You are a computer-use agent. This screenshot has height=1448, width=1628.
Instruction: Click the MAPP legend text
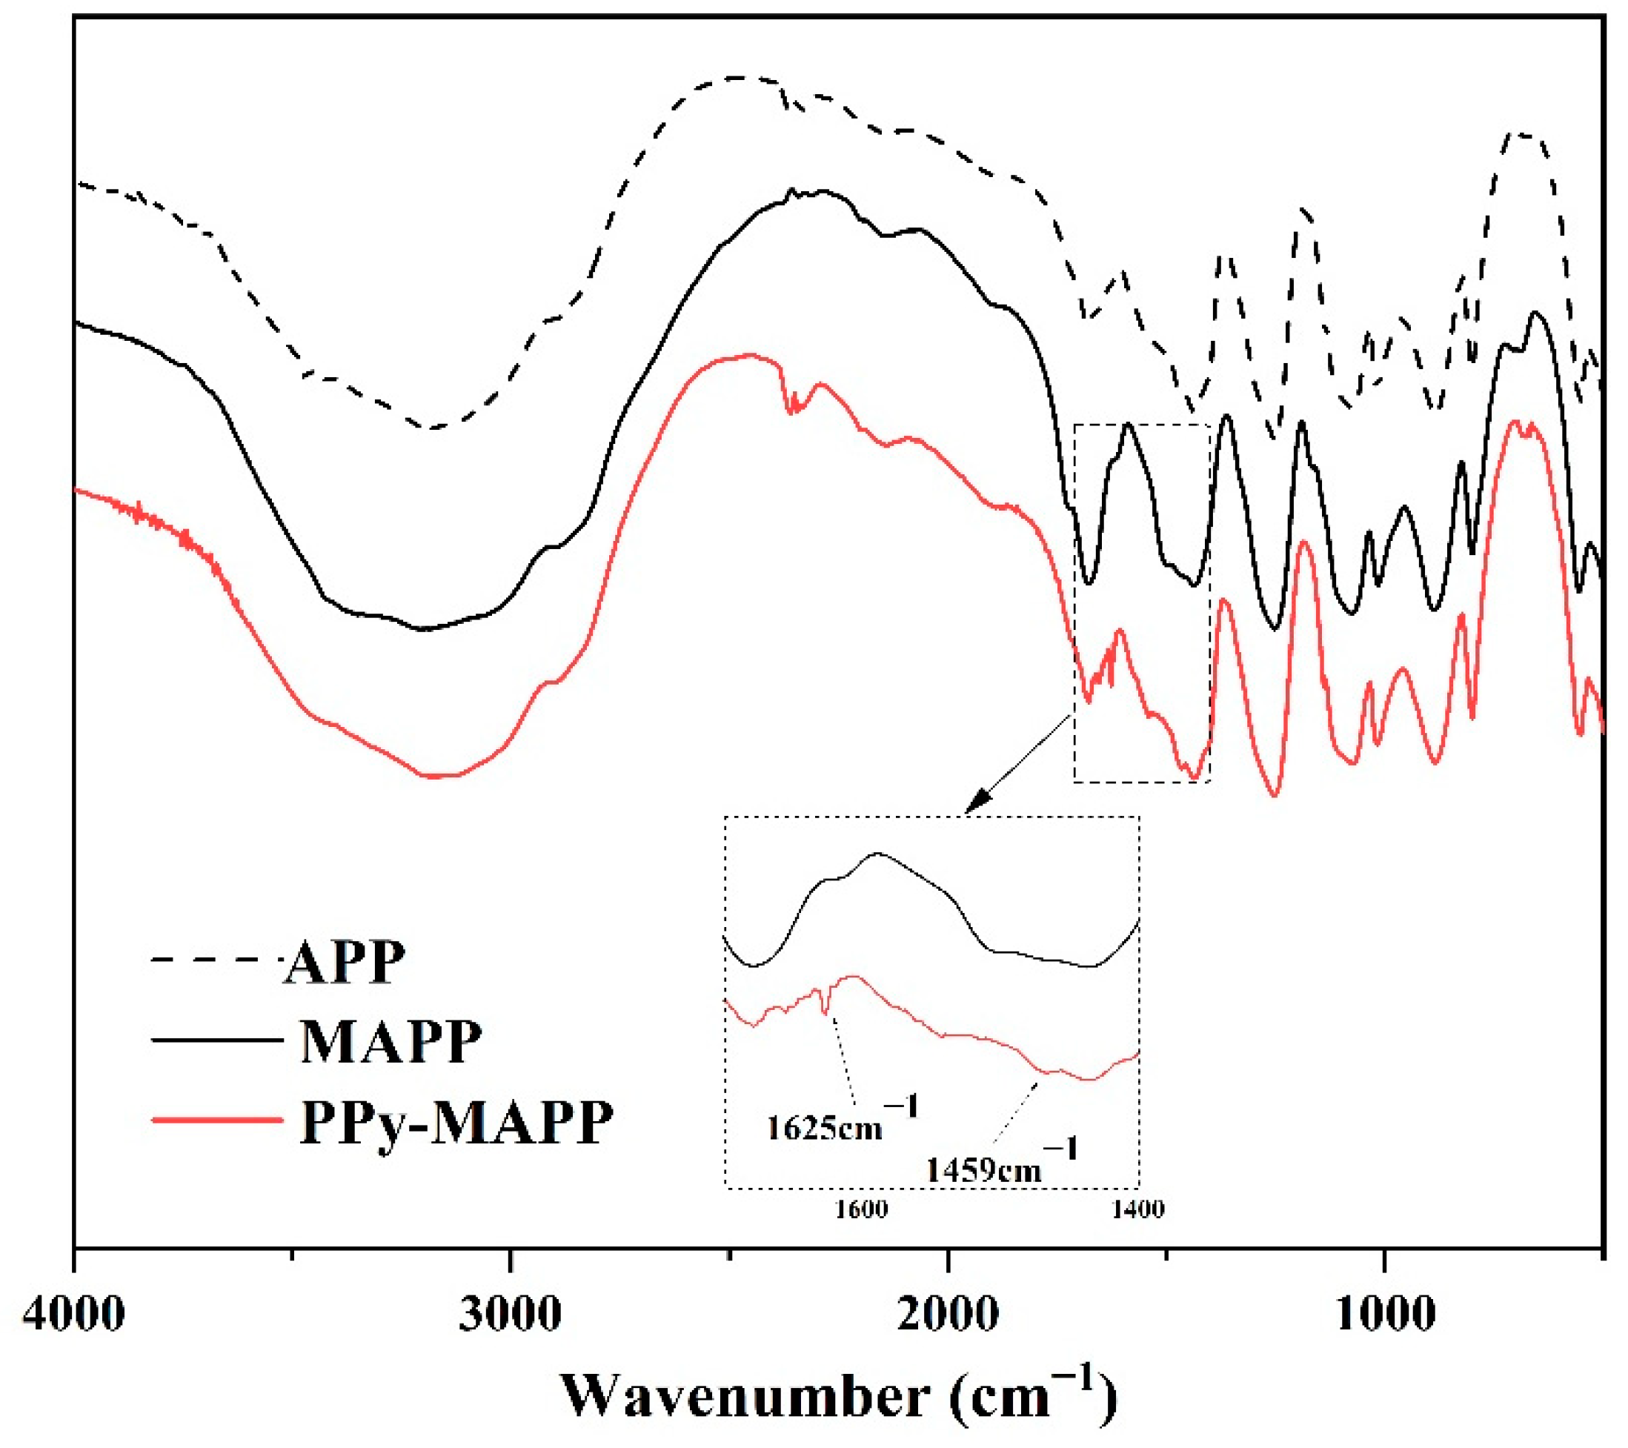pyautogui.click(x=391, y=1041)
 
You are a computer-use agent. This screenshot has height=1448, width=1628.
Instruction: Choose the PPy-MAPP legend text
pyautogui.click(x=456, y=1122)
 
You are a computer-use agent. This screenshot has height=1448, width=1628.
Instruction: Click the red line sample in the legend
pyautogui.click(x=215, y=1120)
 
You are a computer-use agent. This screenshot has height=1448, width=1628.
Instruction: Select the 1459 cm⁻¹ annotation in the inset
pyautogui.click(x=1000, y=1168)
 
